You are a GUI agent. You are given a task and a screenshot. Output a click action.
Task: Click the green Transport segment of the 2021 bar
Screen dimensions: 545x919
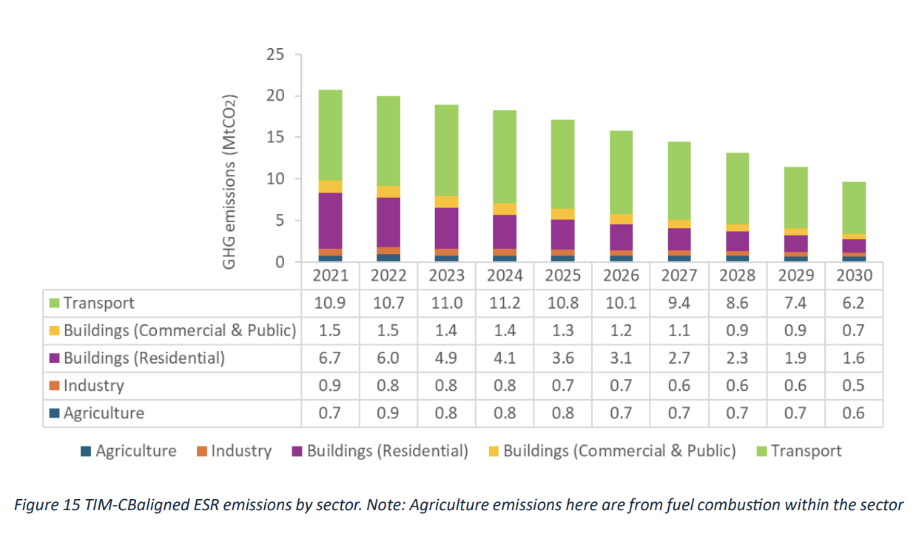click(x=330, y=135)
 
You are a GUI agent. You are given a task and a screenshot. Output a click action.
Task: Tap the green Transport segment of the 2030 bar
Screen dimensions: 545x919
click(x=854, y=207)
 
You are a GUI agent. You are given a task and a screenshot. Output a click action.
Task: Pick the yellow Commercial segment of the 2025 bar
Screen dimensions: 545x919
click(x=563, y=214)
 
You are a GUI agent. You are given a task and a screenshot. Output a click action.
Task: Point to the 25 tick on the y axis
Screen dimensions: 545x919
click(x=275, y=55)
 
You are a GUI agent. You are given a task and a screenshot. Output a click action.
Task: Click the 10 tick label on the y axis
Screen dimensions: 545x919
click(x=275, y=179)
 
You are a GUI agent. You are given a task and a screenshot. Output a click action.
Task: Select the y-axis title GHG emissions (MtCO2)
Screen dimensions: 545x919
click(x=230, y=181)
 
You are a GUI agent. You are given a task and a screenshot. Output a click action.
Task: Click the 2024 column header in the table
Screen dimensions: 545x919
click(x=505, y=276)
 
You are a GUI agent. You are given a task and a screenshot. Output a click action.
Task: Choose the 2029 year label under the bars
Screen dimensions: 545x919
click(x=795, y=276)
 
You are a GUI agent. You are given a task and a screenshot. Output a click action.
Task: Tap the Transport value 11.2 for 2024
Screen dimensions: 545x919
click(x=505, y=303)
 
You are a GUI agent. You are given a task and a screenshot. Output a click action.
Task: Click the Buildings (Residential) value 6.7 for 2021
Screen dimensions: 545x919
click(x=330, y=358)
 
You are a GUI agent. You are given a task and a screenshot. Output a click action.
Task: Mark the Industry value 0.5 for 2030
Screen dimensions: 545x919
click(x=854, y=386)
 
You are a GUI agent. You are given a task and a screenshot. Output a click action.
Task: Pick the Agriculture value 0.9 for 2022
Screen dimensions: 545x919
click(x=388, y=413)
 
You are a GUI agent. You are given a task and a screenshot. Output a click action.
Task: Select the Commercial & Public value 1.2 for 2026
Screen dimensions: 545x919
click(x=621, y=331)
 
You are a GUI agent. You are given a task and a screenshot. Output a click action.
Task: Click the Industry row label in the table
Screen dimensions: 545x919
click(x=93, y=386)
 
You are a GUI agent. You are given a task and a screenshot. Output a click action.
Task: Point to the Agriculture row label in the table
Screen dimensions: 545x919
click(x=104, y=413)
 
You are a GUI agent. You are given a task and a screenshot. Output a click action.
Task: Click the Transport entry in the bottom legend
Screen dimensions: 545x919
click(x=806, y=451)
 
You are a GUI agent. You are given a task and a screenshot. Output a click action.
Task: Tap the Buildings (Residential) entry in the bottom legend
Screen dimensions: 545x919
click(x=387, y=451)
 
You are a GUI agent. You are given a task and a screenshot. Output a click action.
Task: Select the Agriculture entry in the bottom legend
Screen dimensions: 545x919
click(x=135, y=451)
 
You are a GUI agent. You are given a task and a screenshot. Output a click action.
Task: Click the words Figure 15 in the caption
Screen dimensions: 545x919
click(x=41, y=505)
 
